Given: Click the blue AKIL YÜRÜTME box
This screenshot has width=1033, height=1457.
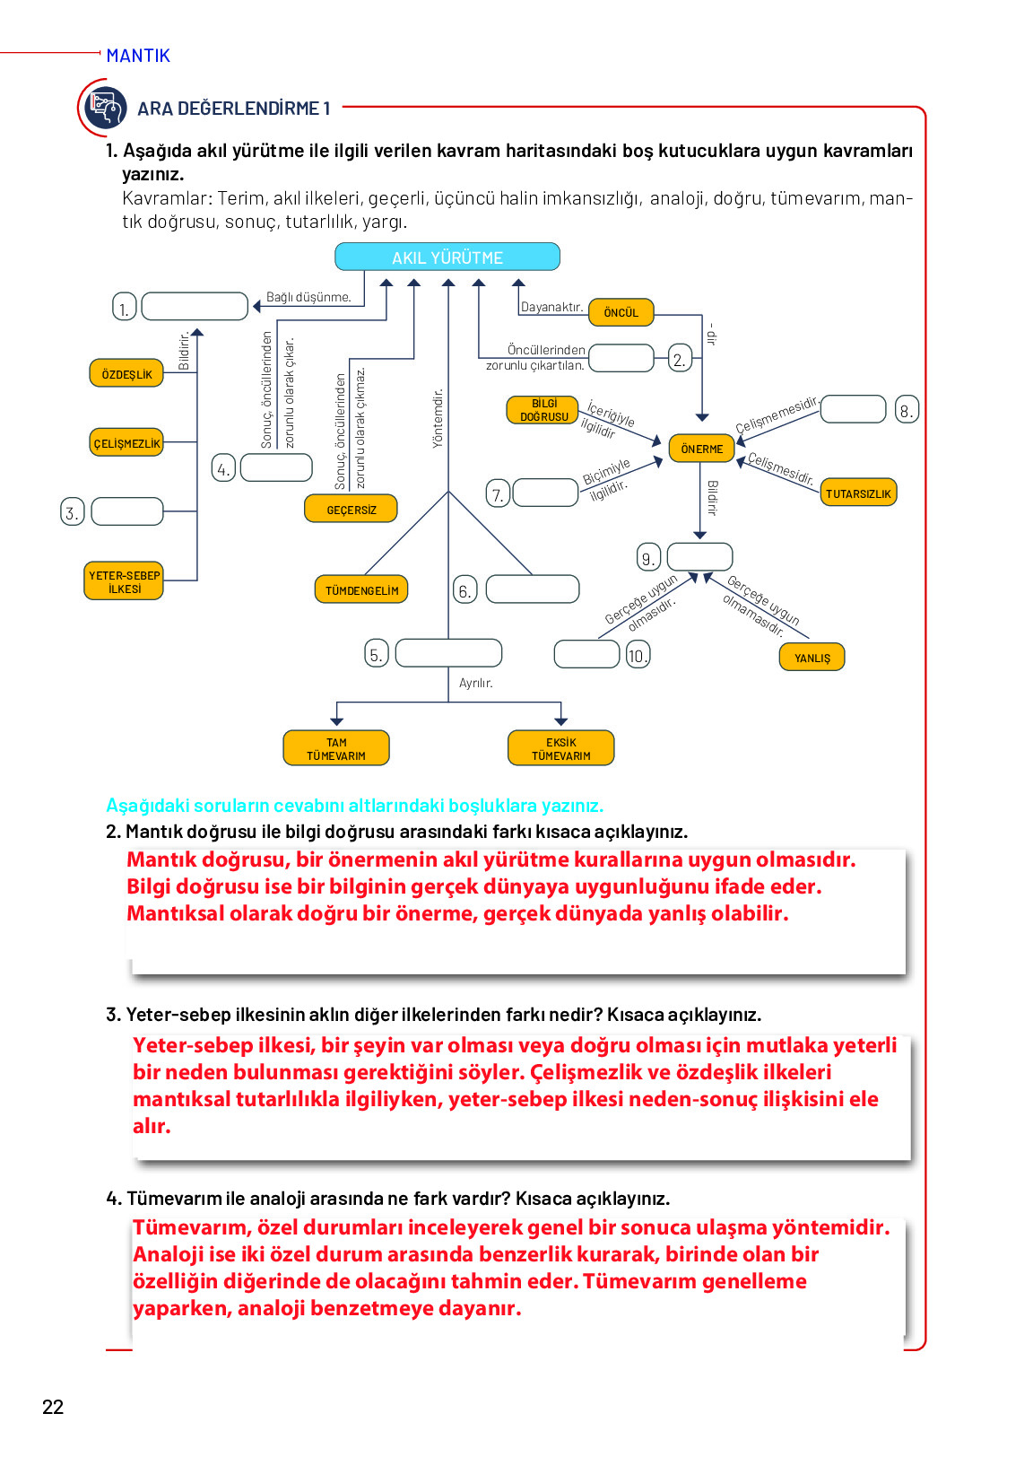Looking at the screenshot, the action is tap(447, 257).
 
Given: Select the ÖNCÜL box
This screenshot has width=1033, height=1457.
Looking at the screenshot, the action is tap(621, 312).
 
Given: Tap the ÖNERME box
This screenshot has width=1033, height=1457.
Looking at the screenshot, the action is tap(701, 449).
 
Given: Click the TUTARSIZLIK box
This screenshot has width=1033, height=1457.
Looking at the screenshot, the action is tap(857, 493).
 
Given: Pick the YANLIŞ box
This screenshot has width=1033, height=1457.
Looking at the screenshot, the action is tap(812, 657).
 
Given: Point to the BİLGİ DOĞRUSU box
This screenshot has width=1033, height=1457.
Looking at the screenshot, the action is tap(543, 410).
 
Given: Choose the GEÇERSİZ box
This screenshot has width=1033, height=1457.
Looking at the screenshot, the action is tap(351, 509).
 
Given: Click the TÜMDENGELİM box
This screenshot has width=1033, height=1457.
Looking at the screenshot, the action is tap(361, 589).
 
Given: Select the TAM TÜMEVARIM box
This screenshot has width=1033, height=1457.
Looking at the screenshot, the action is tap(336, 747).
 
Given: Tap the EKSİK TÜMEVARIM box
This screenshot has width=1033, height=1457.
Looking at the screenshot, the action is tap(560, 747).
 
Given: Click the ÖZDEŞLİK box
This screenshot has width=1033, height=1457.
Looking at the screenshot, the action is tap(126, 373).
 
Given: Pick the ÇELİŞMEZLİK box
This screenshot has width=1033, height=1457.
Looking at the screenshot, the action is tap(126, 442).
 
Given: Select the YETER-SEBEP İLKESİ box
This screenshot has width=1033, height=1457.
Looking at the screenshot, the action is tap(124, 580).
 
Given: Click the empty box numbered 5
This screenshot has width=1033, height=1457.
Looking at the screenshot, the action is tap(448, 652).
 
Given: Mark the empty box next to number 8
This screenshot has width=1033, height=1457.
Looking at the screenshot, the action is tap(853, 409).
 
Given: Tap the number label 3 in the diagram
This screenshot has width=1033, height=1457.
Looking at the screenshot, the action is tap(72, 512).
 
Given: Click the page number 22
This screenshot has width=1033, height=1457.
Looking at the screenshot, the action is tap(53, 1407).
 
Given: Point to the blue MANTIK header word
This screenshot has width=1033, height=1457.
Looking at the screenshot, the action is tap(138, 56).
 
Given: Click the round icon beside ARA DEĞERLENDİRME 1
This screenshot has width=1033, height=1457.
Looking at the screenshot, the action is tap(105, 108).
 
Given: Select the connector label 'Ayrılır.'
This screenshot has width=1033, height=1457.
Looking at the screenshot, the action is tap(475, 683).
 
